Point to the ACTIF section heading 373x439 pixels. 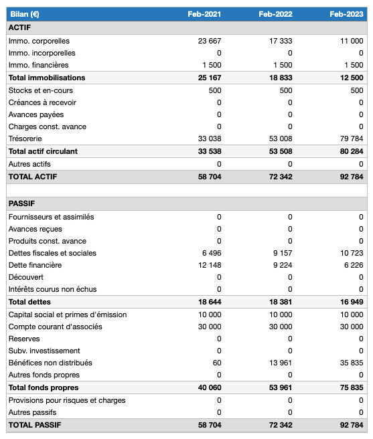point(19,28)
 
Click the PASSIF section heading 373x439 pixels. point(22,203)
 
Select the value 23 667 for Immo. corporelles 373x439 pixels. point(210,41)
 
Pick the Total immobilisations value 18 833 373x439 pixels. point(280,78)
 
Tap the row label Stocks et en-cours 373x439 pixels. point(41,90)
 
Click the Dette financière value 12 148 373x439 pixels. point(210,265)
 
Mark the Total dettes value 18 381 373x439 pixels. point(280,302)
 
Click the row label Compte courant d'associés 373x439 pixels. point(55,327)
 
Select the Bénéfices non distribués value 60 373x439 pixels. point(216,363)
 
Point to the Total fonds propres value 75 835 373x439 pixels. point(350,387)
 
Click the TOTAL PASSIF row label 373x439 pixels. point(35,425)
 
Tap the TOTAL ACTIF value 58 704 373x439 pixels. point(208,177)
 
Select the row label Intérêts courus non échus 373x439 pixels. point(52,289)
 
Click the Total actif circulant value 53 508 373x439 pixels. point(280,151)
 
